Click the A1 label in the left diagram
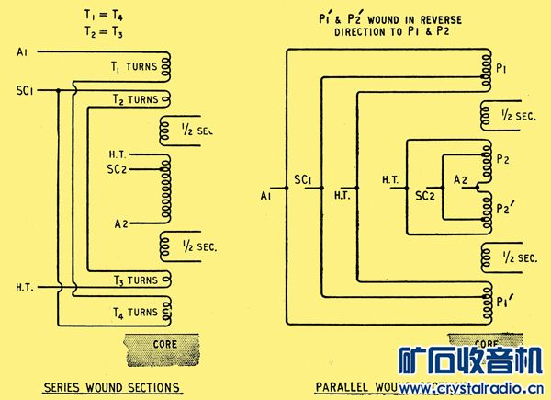[x=22, y=52]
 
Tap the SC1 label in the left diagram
[x=25, y=90]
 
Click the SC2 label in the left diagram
[x=117, y=169]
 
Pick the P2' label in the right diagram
[x=504, y=208]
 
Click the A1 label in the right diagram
[x=266, y=195]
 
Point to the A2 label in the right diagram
[x=460, y=183]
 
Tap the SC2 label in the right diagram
[x=424, y=195]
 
